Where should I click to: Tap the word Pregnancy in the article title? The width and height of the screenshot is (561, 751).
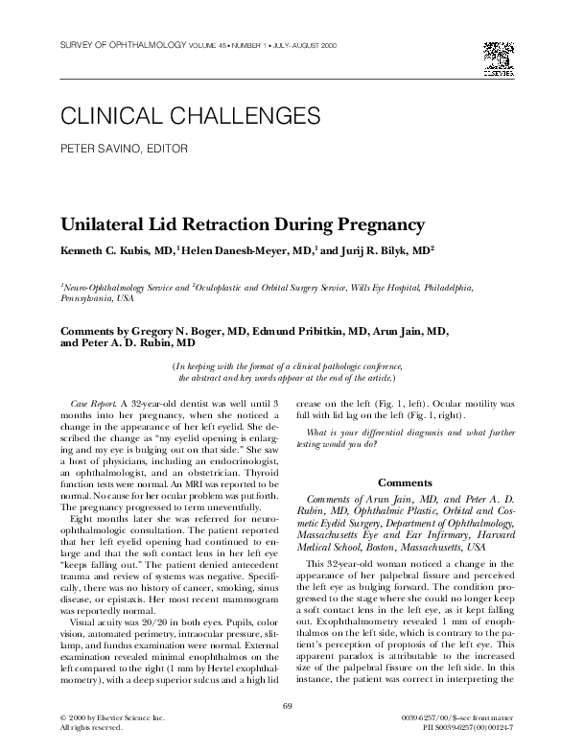tap(369, 225)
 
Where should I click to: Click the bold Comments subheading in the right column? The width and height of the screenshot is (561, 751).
tap(405, 481)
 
